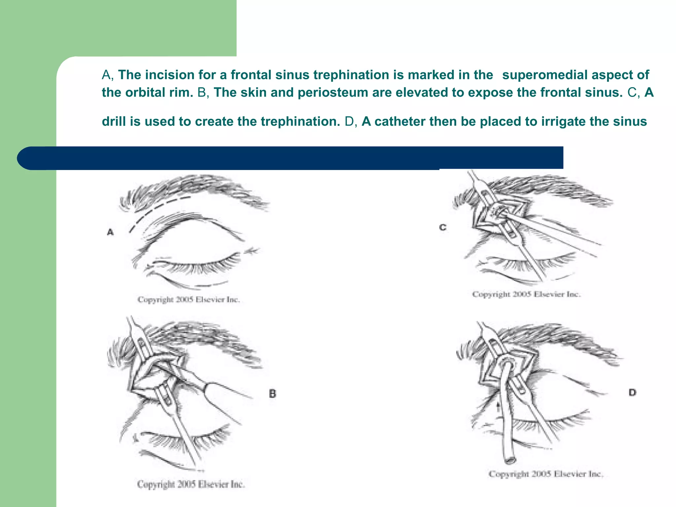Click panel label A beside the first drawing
[x=110, y=232]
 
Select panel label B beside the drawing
[x=272, y=394]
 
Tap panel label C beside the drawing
[x=443, y=227]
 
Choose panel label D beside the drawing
[x=632, y=392]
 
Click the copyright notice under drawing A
[x=188, y=300]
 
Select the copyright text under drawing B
[x=191, y=485]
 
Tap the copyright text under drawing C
[x=526, y=294]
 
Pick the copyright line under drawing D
[x=546, y=474]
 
